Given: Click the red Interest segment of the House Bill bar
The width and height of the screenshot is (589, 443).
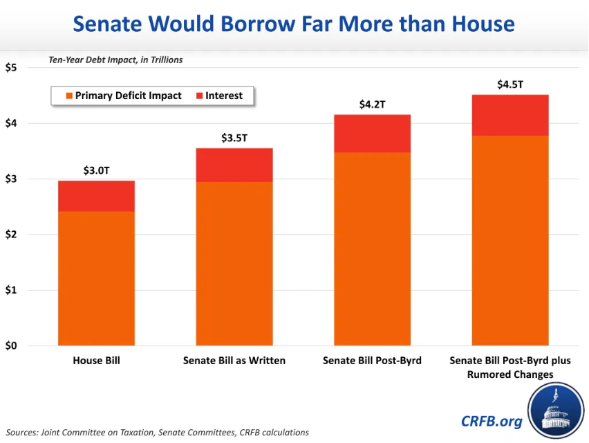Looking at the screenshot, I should click(x=96, y=196).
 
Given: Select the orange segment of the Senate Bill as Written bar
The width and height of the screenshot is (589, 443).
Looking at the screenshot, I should click(x=234, y=263).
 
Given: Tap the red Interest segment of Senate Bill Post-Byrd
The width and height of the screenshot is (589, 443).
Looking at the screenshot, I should click(x=372, y=134).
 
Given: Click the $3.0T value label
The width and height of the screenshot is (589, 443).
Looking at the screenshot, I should click(x=96, y=170).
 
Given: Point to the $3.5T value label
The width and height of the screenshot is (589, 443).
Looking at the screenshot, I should click(x=234, y=138).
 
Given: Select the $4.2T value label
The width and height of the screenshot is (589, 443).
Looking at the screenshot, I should click(x=372, y=105).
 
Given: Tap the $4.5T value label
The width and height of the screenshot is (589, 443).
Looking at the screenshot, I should click(x=510, y=84).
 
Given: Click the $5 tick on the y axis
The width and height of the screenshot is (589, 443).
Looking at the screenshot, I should click(x=12, y=68).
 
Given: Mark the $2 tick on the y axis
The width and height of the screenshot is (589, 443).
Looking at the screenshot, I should click(x=12, y=235).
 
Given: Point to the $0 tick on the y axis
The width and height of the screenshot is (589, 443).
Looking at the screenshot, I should click(x=12, y=346).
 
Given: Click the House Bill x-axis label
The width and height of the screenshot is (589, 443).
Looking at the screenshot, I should click(x=96, y=361).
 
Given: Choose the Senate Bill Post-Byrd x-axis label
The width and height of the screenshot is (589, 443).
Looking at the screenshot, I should click(x=372, y=361).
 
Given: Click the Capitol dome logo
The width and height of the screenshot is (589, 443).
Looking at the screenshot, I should click(x=557, y=411).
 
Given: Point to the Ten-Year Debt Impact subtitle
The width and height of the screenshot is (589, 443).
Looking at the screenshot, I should click(x=115, y=60).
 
